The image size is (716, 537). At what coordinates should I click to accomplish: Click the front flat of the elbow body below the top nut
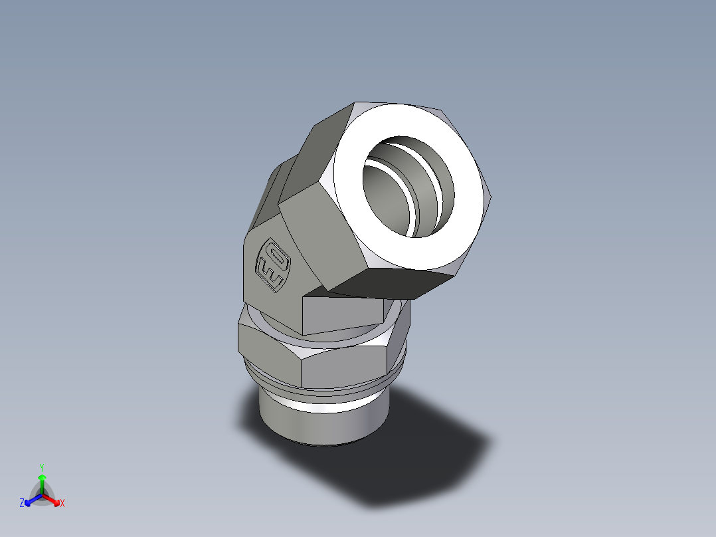pos(342,315)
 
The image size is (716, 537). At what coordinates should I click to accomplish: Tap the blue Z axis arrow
pos(31,500)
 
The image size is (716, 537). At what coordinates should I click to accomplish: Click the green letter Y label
pos(42,467)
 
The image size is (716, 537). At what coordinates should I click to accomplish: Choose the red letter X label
pos(62,504)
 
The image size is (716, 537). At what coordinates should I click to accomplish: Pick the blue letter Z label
pos(22,504)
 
